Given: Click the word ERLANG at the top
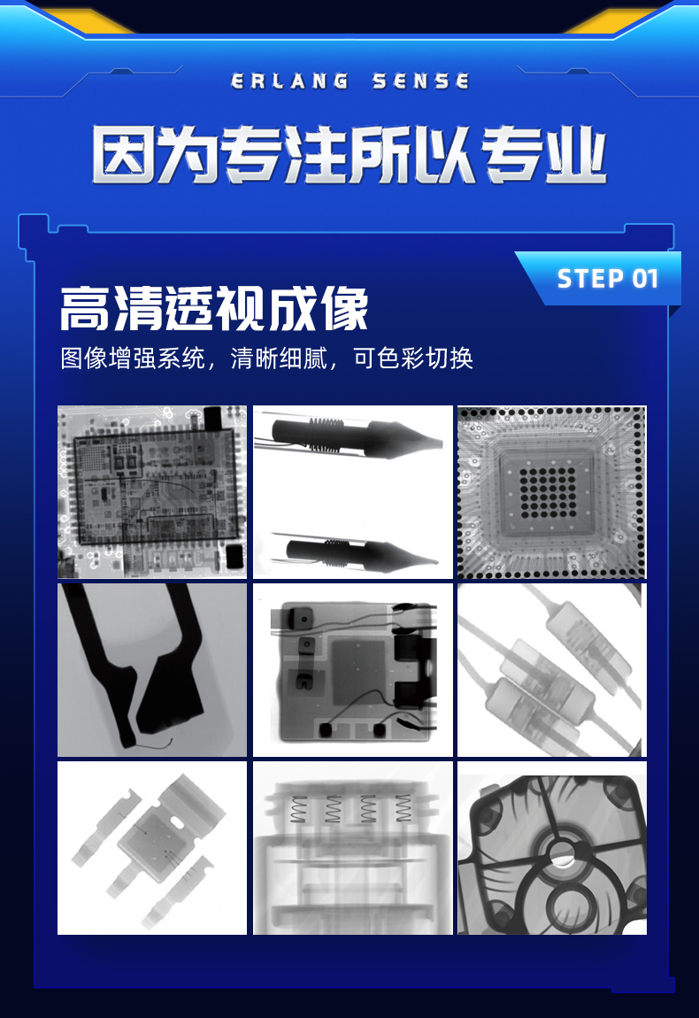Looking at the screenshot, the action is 289,81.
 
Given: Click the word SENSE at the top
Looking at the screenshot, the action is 420,81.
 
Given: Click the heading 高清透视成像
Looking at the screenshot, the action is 214,309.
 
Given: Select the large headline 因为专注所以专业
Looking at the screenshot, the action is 349,155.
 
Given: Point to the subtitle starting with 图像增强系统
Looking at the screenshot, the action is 266,358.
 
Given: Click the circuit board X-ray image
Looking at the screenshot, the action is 152,491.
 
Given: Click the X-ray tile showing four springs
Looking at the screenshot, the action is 352,848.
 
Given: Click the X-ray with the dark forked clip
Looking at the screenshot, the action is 152,670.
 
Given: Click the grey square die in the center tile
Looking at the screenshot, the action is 363,671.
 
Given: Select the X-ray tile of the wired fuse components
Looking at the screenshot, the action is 551,670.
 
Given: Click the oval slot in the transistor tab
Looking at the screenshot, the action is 177,822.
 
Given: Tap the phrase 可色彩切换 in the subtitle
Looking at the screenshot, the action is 413,358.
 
